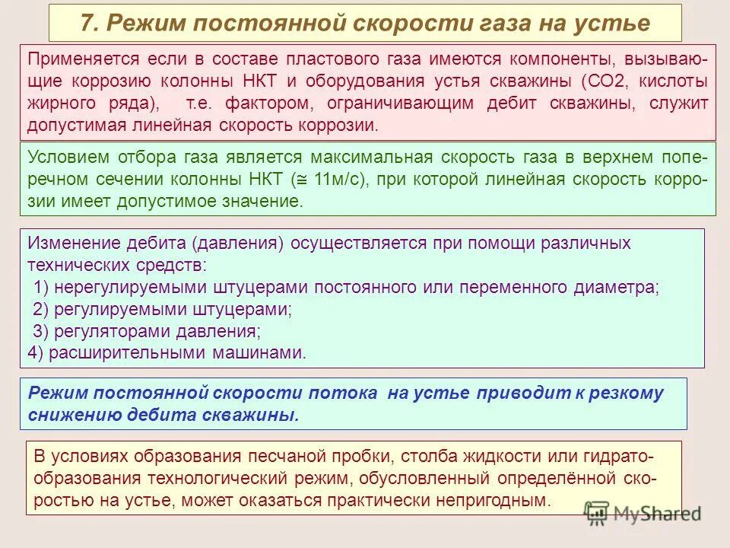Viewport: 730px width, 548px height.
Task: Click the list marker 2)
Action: [x=42, y=309]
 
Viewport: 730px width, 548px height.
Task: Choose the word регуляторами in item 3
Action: [x=109, y=331]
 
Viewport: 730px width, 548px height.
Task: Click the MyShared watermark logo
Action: [x=643, y=512]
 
